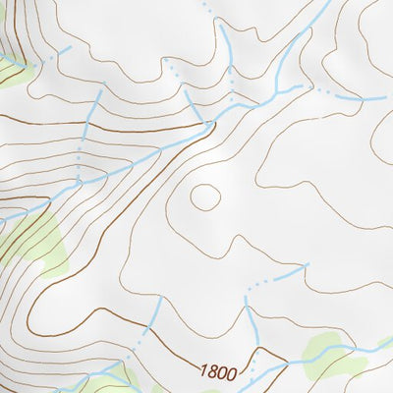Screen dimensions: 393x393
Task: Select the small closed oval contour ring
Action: click(x=205, y=196)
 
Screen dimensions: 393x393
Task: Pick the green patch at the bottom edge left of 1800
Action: click(x=108, y=378)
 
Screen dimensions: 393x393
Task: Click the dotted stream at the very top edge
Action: click(x=208, y=8)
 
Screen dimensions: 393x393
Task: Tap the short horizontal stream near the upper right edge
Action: click(x=360, y=99)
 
